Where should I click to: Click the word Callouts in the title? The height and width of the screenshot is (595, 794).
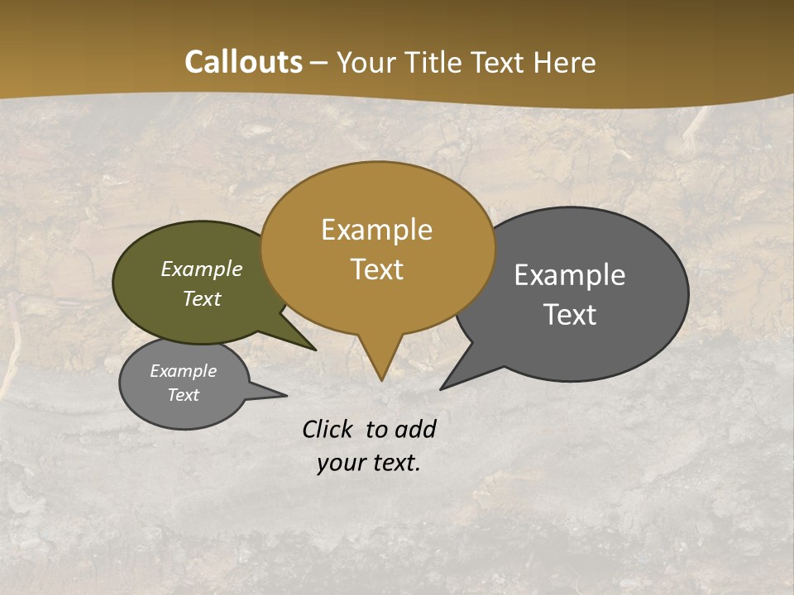pyautogui.click(x=243, y=63)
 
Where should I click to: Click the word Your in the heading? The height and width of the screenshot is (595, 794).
pyautogui.click(x=368, y=63)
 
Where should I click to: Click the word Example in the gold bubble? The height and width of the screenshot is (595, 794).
pyautogui.click(x=376, y=230)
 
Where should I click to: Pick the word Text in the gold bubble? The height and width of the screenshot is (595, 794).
pyautogui.click(x=377, y=269)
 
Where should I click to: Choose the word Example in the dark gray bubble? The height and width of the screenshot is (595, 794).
pyautogui.click(x=570, y=275)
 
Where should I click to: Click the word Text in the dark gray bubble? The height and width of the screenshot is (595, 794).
pyautogui.click(x=571, y=315)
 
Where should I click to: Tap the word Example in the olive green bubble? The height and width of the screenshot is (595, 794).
pyautogui.click(x=202, y=269)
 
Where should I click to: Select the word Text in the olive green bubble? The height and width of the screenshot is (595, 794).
pyautogui.click(x=202, y=298)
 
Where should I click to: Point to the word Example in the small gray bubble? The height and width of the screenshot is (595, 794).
pyautogui.click(x=184, y=371)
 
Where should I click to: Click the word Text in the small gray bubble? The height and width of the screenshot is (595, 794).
pyautogui.click(x=184, y=395)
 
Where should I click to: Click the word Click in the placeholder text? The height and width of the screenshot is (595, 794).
pyautogui.click(x=327, y=429)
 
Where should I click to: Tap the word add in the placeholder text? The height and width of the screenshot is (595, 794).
pyautogui.click(x=414, y=429)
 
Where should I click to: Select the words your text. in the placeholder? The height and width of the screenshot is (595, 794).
pyautogui.click(x=369, y=463)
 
